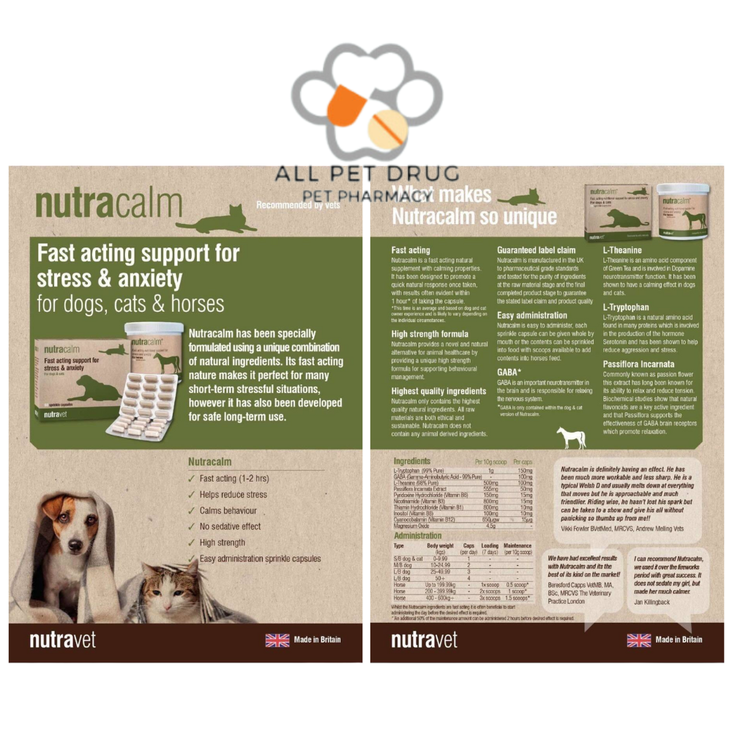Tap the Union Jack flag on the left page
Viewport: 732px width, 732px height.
[x=277, y=640]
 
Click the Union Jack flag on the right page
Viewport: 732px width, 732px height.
[x=639, y=640]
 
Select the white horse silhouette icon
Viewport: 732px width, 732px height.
[x=571, y=437]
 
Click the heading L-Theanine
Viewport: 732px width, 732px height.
[x=622, y=250]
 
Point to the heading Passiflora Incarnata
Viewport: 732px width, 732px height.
[x=639, y=364]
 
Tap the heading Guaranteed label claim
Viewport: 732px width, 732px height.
[x=536, y=250]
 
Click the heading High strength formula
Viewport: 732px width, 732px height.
[x=430, y=335]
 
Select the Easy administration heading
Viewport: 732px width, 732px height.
[x=532, y=315]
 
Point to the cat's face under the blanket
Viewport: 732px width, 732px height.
[x=171, y=586]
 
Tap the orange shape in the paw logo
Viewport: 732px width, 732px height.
[x=348, y=105]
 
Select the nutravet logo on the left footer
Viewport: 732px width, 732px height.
[x=62, y=640]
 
